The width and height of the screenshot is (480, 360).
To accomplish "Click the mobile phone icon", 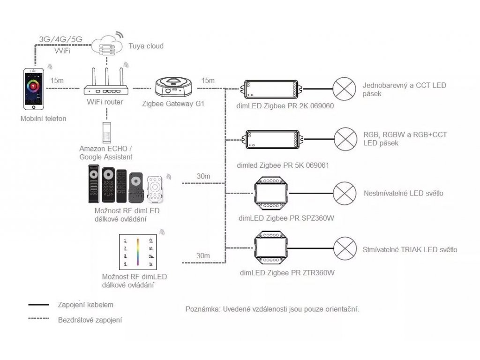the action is click(x=34, y=89).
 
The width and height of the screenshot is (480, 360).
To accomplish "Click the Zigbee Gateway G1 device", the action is click(x=173, y=87).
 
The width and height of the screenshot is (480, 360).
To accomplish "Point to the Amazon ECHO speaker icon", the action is click(x=106, y=133).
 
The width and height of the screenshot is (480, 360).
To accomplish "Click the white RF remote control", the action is click(x=155, y=189).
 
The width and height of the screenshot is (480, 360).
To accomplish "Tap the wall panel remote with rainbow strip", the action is click(x=138, y=252).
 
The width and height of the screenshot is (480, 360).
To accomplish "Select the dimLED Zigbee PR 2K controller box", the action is click(x=271, y=89).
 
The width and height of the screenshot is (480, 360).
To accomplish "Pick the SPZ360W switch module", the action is click(x=271, y=193).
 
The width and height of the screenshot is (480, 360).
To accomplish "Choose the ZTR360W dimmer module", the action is click(x=271, y=247).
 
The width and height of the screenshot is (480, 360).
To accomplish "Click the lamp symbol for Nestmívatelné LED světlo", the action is click(x=345, y=193).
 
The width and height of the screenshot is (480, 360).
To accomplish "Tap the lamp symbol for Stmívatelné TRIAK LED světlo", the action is click(x=345, y=248).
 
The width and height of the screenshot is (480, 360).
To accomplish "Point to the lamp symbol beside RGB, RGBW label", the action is click(x=345, y=139).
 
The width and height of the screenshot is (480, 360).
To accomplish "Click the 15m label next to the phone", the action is click(x=57, y=81).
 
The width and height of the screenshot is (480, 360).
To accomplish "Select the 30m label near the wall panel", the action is click(x=203, y=255).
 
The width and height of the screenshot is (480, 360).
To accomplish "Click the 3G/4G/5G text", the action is click(x=60, y=39).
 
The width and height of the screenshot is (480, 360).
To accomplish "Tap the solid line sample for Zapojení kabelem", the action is click(x=38, y=305).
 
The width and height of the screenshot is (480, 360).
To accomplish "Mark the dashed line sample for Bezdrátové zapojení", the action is click(x=38, y=318).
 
